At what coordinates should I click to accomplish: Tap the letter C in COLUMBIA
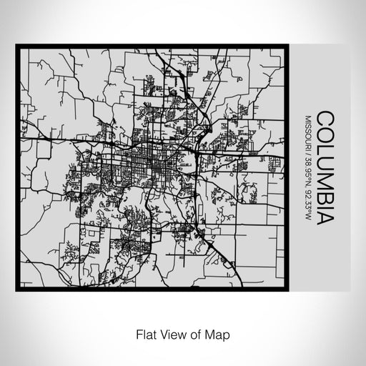(324, 119)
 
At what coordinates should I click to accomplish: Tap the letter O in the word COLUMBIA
(324, 134)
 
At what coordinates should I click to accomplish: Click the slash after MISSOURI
(308, 152)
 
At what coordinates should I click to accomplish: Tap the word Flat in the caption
(144, 334)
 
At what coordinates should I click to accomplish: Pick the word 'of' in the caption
(194, 334)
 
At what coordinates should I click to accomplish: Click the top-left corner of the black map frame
(17, 47)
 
